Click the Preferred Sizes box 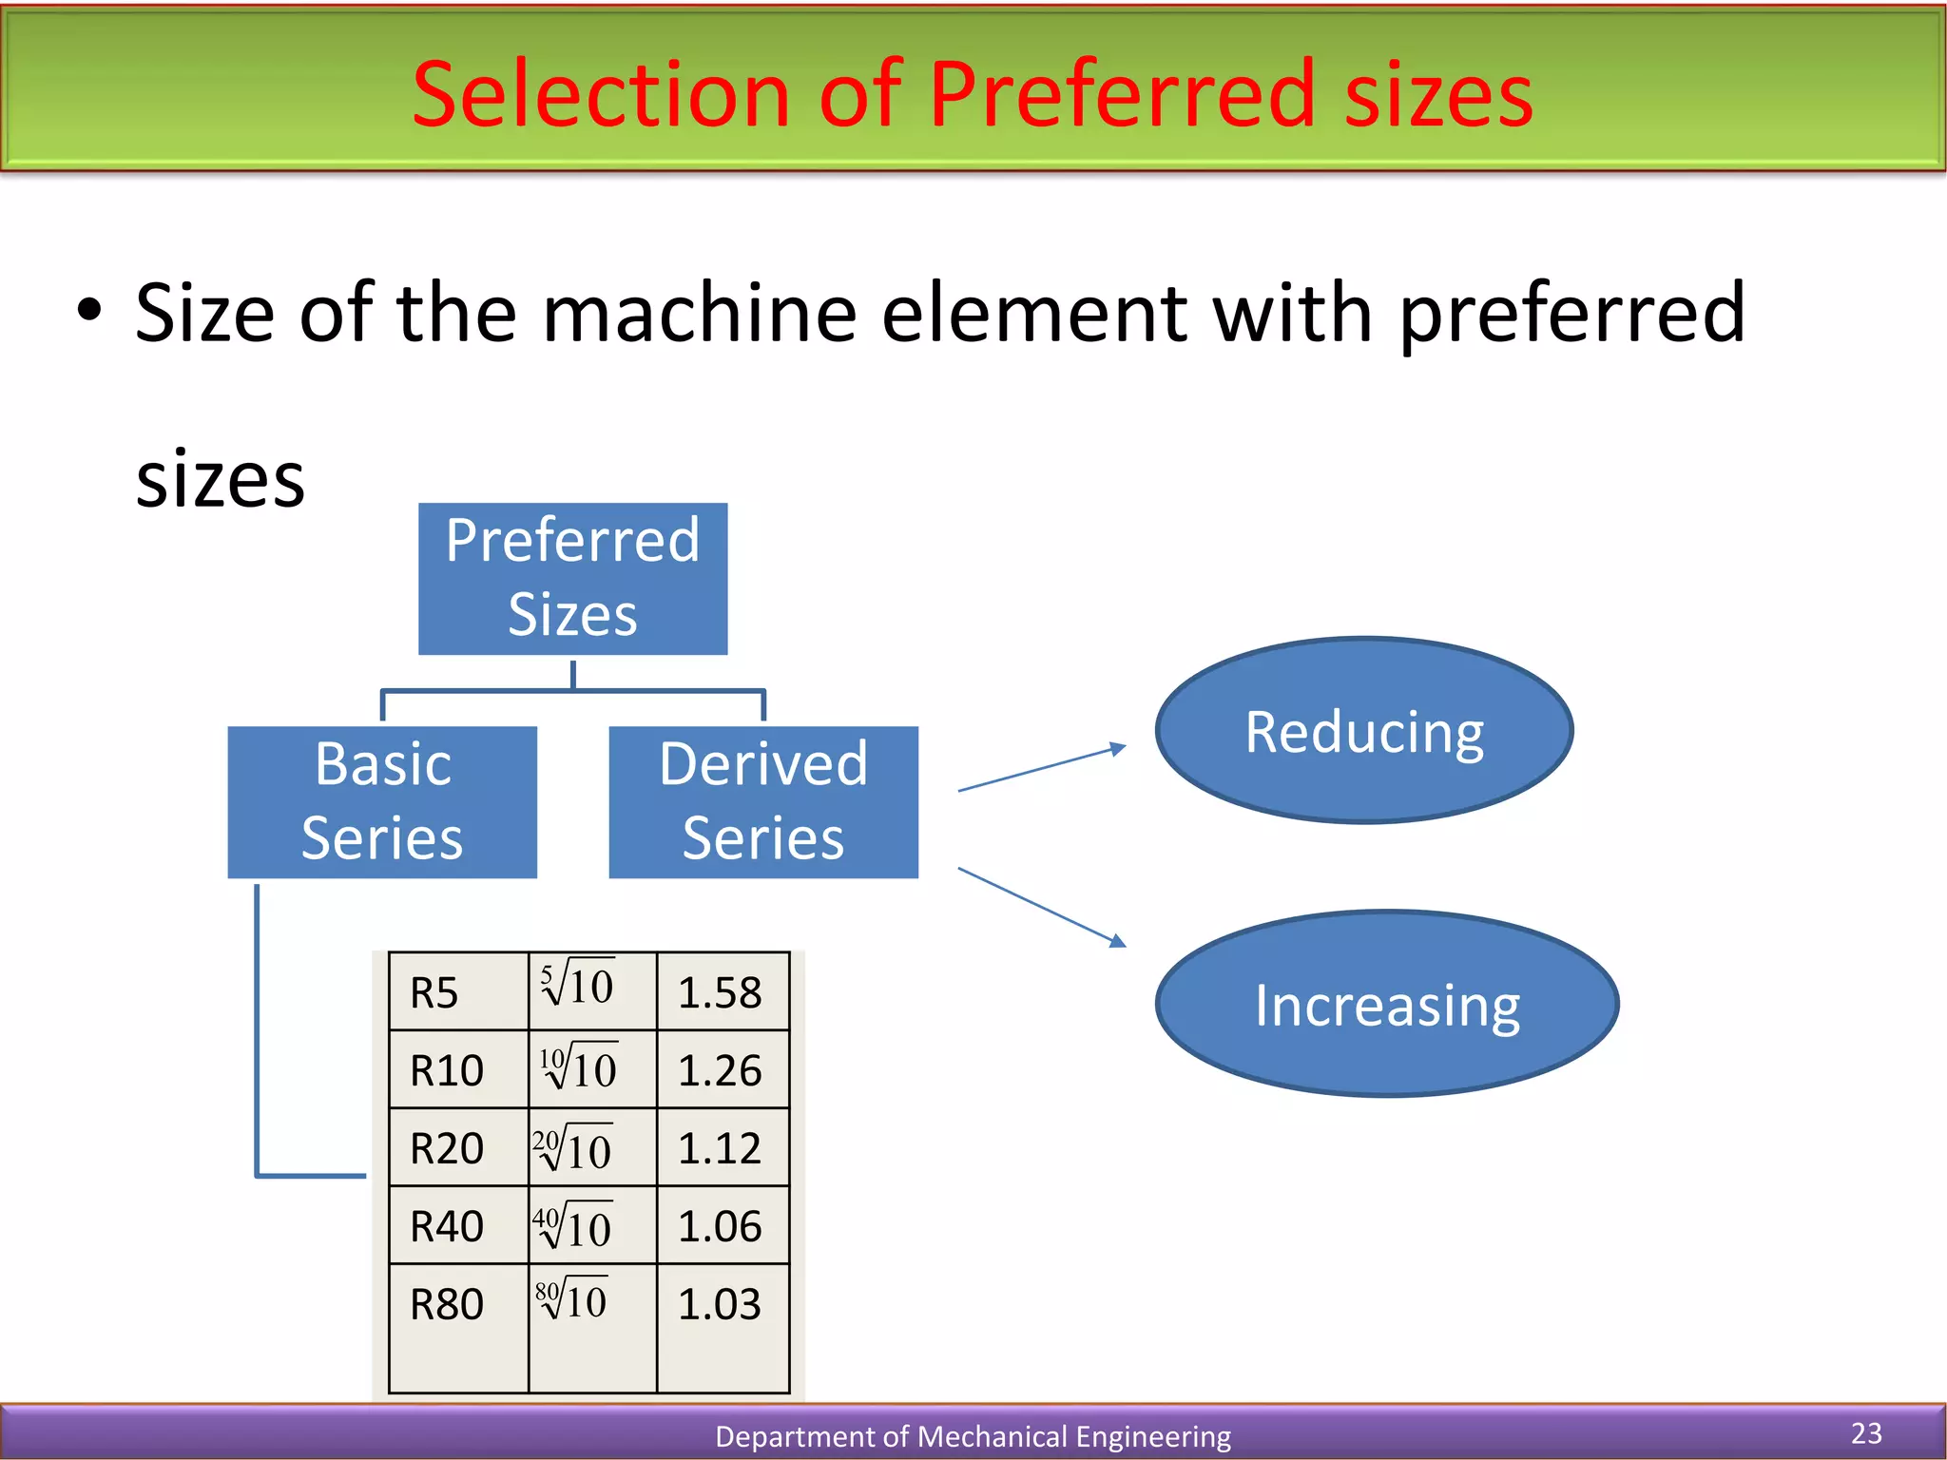point(572,578)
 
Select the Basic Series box point(382,801)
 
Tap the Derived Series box point(763,801)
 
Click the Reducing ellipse point(1364,730)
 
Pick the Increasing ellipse point(1387,1004)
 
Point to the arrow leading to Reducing point(1042,768)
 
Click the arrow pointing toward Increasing point(1042,907)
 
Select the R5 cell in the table point(434,993)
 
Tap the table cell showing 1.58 point(720,993)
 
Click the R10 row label point(447,1071)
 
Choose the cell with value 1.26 point(720,1071)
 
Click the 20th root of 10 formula point(573,1147)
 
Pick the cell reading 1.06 point(720,1226)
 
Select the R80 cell point(447,1304)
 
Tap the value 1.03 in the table point(720,1304)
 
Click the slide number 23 point(1866,1432)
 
